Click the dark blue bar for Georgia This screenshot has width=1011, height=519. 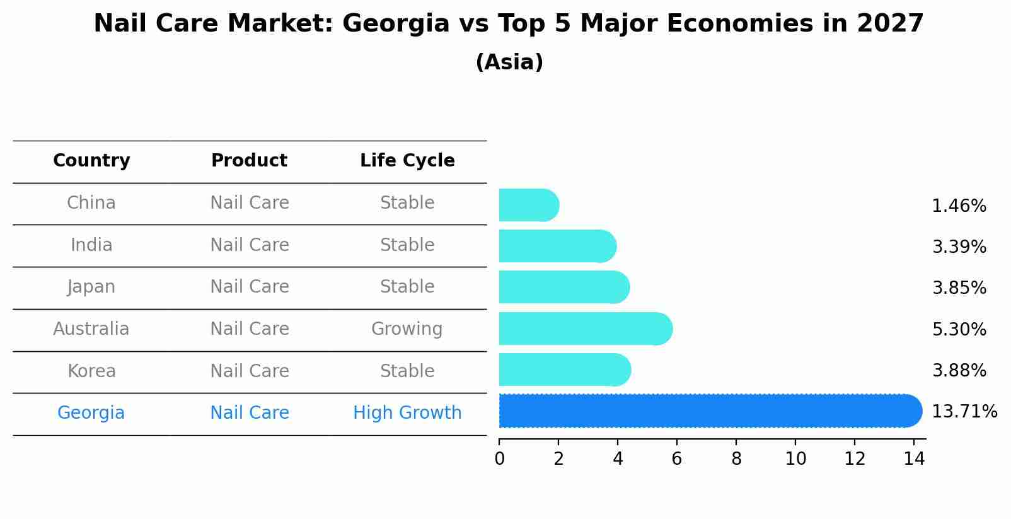coord(709,411)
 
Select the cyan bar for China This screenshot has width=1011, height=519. coord(528,206)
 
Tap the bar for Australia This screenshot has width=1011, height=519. coord(585,329)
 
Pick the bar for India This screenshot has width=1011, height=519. coord(557,246)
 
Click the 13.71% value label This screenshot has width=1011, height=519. coord(964,412)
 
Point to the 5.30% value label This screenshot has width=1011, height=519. coord(959,329)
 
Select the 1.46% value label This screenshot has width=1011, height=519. coord(959,206)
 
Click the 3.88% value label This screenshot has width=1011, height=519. coord(959,370)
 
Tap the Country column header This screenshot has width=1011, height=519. coord(91,161)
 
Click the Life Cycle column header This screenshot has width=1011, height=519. coord(407,161)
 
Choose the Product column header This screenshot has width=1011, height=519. coord(249,161)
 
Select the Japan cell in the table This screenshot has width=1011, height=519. coord(91,287)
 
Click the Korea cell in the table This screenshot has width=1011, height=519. coord(91,371)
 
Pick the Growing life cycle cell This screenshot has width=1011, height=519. coord(407,329)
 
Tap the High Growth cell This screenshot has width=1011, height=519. coord(407,413)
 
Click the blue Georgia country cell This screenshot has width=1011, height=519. coord(91,413)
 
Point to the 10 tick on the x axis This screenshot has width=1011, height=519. coord(795,459)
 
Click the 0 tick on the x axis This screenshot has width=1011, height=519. coord(499,459)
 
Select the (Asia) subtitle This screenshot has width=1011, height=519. coord(509,62)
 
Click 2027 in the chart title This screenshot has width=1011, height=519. coord(889,24)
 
